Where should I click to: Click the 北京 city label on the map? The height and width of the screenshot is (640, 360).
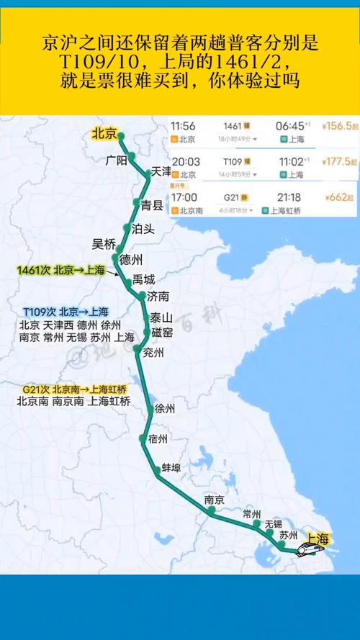click(104, 133)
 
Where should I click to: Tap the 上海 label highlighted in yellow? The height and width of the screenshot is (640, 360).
click(318, 538)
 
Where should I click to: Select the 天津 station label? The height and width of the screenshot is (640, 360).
click(160, 172)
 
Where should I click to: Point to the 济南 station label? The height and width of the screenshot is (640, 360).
click(158, 296)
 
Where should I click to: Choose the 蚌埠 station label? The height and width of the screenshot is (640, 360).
click(171, 467)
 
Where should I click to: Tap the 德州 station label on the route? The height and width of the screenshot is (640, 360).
click(131, 259)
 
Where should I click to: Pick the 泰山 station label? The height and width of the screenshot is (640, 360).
click(161, 317)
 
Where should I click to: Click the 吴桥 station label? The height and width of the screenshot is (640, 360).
click(104, 243)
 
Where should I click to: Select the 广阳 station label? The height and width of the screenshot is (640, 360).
click(115, 159)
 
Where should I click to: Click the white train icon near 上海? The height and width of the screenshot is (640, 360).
click(311, 548)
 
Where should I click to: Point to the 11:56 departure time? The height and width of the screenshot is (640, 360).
click(184, 125)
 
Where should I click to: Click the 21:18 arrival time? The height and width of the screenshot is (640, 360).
click(287, 197)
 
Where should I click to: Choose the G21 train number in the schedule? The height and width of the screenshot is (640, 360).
click(230, 197)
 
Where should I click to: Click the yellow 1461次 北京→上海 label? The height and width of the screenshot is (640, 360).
click(60, 270)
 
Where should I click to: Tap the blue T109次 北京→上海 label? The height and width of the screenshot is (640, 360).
click(65, 312)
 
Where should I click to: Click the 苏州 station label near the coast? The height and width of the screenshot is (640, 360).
click(289, 535)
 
